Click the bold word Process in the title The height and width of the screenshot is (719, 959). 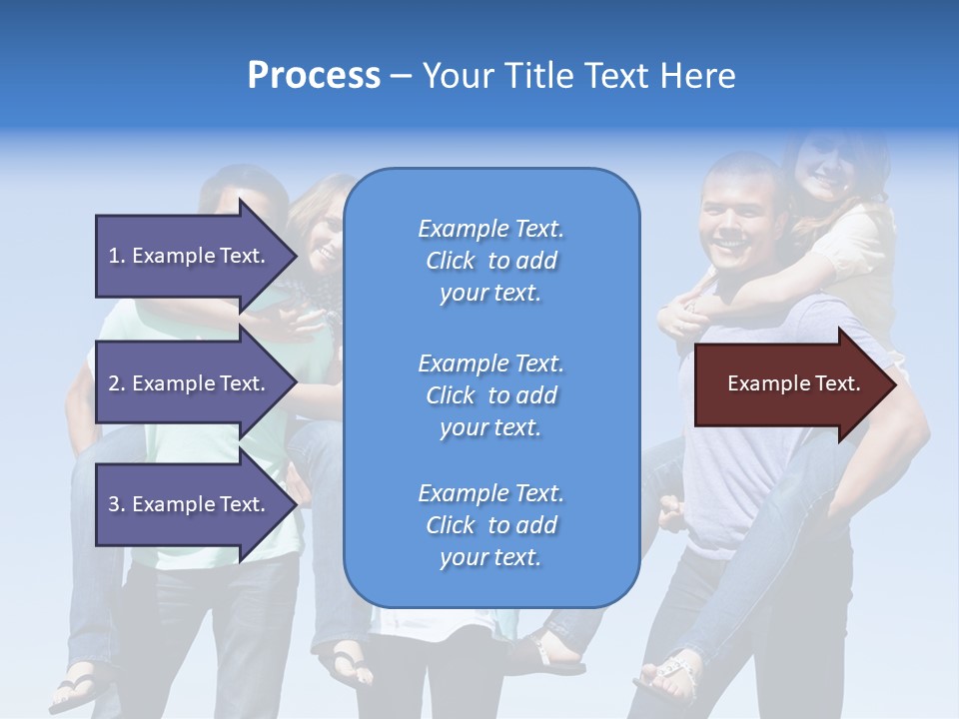tap(314, 76)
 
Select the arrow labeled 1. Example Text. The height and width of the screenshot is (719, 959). tap(190, 256)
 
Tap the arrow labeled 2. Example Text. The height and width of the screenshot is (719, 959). tap(190, 383)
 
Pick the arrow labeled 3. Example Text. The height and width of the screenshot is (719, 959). tap(190, 504)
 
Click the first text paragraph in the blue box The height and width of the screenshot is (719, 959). tap(490, 261)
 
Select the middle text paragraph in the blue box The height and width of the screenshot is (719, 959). tap(490, 395)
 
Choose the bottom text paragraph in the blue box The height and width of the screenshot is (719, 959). tap(490, 525)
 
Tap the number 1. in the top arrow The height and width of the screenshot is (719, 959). tap(117, 256)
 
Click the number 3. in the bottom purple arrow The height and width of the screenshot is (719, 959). tap(117, 504)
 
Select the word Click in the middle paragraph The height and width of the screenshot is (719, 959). tap(450, 395)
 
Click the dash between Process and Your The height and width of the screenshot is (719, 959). tap(402, 76)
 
